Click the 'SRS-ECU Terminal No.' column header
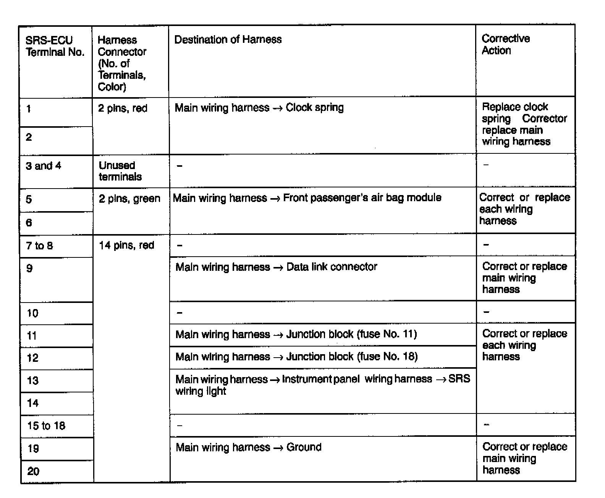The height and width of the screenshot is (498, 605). [x=55, y=46]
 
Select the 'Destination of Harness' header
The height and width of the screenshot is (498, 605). [x=228, y=39]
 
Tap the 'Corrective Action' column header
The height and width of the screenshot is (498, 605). [x=505, y=44]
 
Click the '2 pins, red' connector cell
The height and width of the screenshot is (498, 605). [x=123, y=108]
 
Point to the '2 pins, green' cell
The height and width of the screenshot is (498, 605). [x=129, y=199]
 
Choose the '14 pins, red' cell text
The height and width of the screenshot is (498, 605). [x=126, y=245]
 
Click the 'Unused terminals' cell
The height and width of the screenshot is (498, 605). [x=120, y=171]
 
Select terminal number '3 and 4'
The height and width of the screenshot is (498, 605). [x=43, y=166]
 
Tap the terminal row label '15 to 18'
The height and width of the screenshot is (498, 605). [x=46, y=426]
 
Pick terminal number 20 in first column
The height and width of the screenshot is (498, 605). [x=33, y=471]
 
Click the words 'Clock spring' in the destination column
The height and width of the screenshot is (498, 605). [x=314, y=107]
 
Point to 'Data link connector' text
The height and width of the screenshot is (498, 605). [x=332, y=267]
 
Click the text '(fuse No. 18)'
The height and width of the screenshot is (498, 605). [x=387, y=356]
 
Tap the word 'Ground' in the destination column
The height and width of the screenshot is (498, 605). [x=304, y=447]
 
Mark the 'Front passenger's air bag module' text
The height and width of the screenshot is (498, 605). [x=362, y=198]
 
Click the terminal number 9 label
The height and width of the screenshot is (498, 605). [x=29, y=268]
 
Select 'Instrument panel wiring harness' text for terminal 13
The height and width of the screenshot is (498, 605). [x=357, y=379]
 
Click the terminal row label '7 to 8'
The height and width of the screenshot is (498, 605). [x=39, y=246]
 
